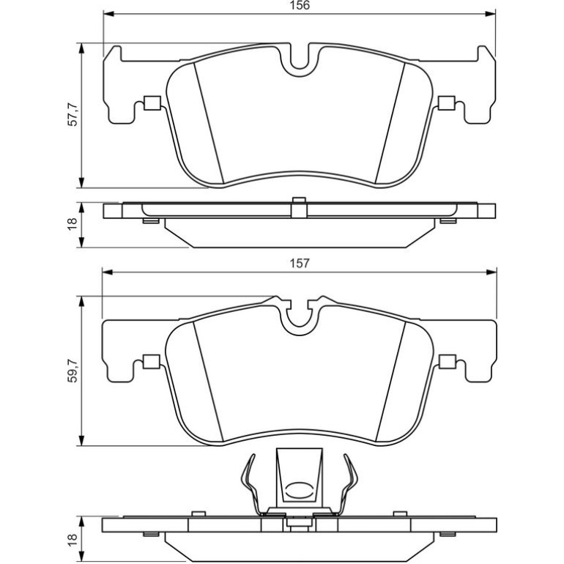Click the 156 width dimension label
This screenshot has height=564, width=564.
300,5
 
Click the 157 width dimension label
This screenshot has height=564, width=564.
300,263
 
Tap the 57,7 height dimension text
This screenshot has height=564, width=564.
73,114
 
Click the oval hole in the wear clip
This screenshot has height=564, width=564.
300,490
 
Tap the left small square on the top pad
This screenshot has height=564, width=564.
152,103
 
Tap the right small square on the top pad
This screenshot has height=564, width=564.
447,103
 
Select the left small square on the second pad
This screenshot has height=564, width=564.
152,362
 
